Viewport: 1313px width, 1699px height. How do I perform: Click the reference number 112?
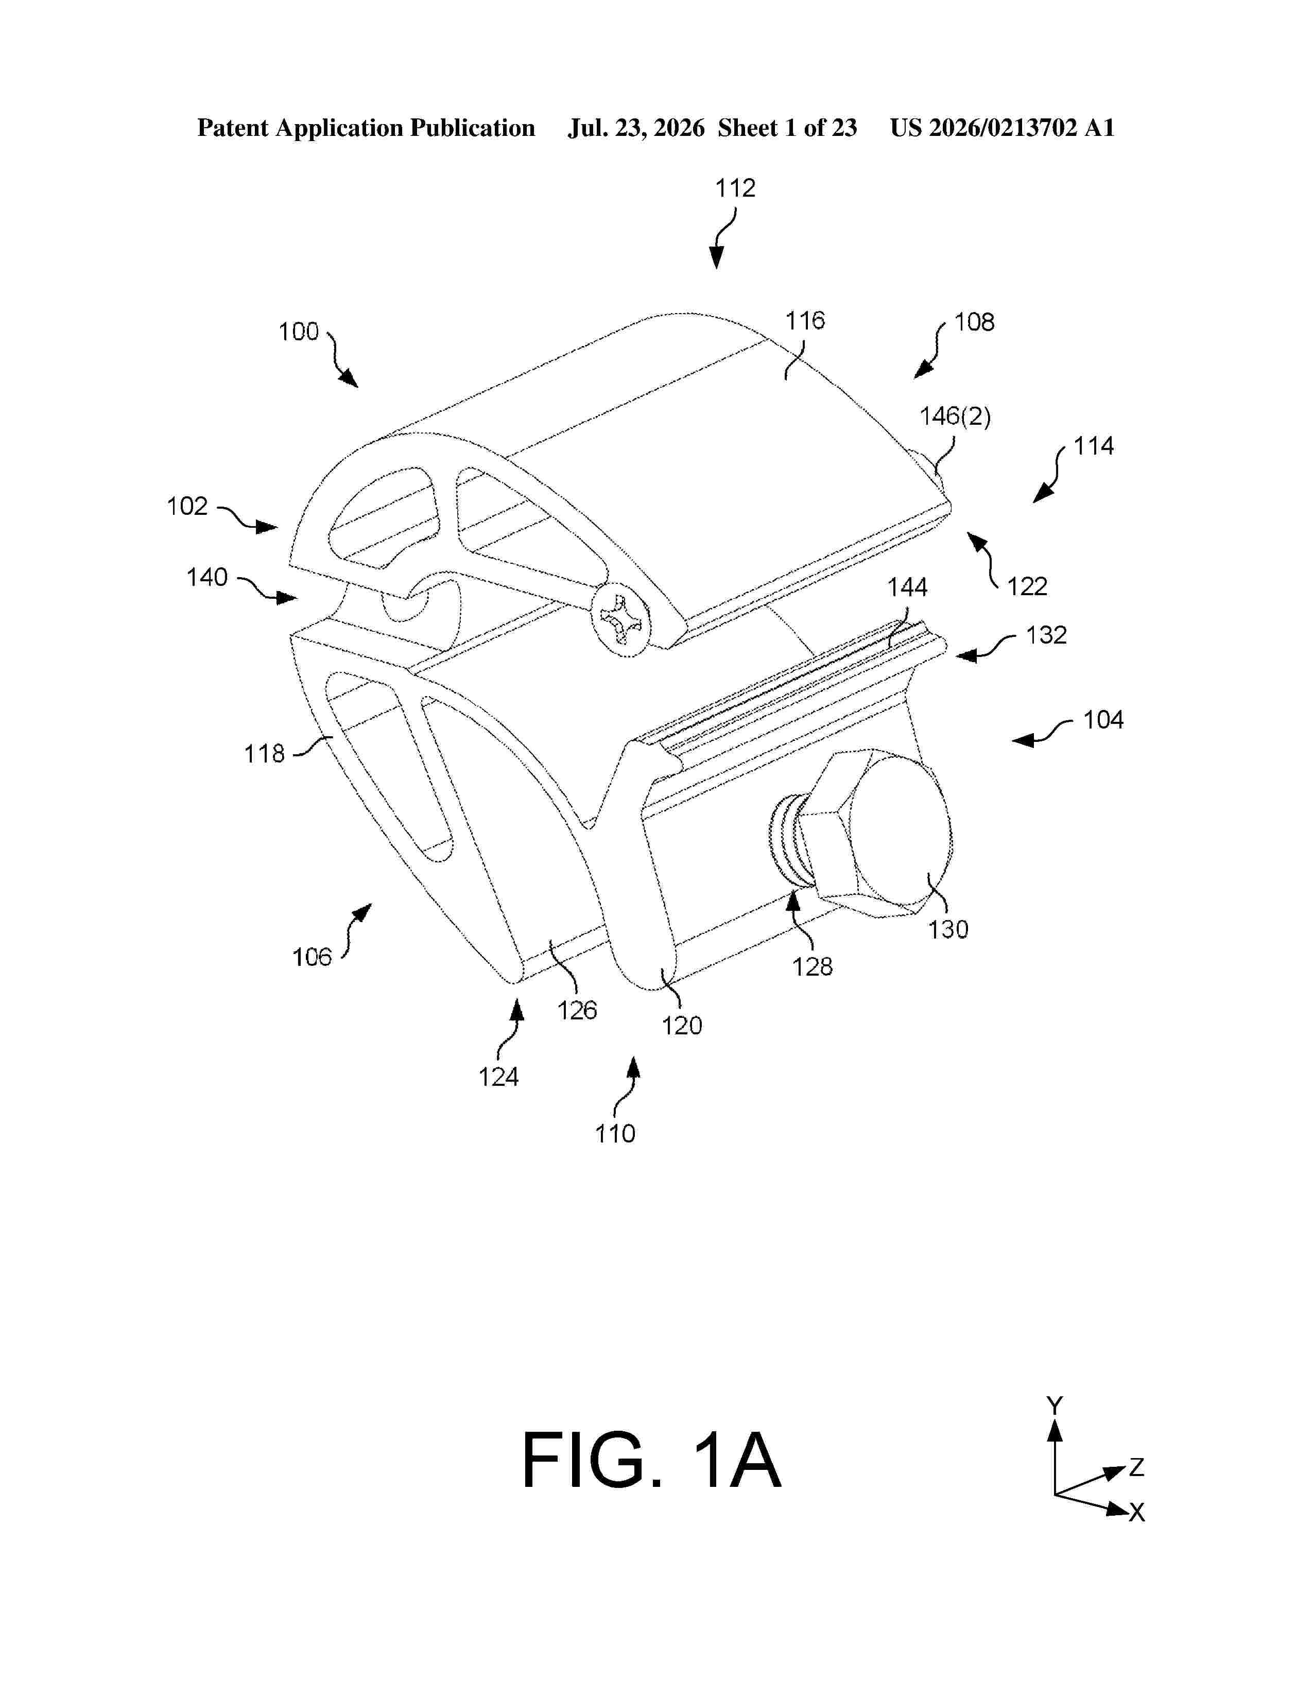pyautogui.click(x=735, y=188)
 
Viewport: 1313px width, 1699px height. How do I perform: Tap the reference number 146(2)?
pyautogui.click(x=955, y=417)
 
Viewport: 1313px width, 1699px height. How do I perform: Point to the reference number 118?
pyautogui.click(x=265, y=753)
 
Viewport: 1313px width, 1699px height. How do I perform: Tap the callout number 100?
pyautogui.click(x=299, y=332)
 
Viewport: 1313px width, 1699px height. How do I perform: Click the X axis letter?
pyautogui.click(x=1137, y=1512)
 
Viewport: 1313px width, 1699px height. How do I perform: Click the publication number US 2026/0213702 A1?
pyautogui.click(x=1002, y=128)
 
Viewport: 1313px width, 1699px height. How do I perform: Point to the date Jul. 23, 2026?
pyautogui.click(x=636, y=128)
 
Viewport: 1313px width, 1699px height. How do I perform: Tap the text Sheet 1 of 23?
pyautogui.click(x=787, y=128)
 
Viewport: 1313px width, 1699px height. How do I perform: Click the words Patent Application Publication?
pyautogui.click(x=367, y=128)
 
